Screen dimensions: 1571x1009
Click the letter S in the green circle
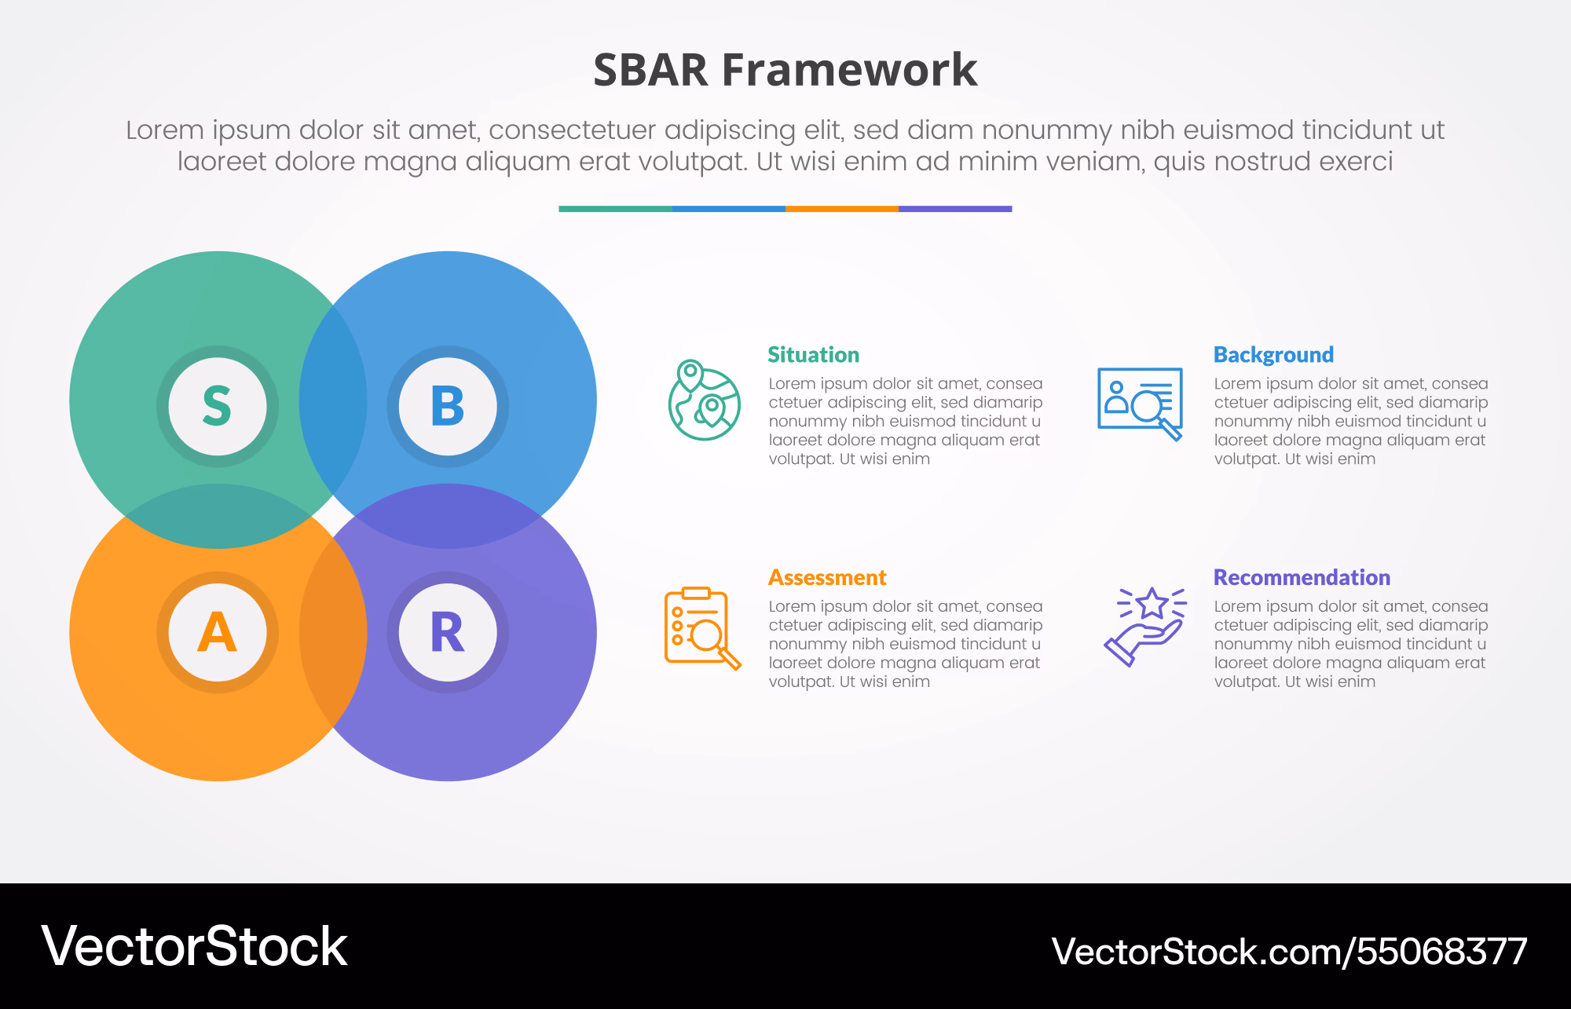point(217,406)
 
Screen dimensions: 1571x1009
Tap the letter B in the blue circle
point(448,406)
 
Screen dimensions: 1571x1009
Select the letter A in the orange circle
point(217,632)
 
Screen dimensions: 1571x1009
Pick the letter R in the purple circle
point(448,632)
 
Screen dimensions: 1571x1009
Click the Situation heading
point(813,355)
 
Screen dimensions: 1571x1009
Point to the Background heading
point(1273,355)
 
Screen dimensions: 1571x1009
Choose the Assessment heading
point(827,578)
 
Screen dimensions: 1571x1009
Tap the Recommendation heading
point(1302,578)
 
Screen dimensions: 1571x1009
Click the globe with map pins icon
point(704,400)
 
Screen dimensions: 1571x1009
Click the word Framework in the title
point(849,70)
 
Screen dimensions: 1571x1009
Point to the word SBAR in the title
point(650,70)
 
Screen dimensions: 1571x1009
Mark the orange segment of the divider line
point(842,209)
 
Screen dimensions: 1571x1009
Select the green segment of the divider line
point(615,209)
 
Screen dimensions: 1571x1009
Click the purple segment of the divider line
point(955,209)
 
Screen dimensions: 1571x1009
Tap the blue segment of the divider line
point(729,209)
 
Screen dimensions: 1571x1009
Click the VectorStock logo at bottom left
point(194,946)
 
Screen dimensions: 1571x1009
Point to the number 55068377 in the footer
point(1442,952)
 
